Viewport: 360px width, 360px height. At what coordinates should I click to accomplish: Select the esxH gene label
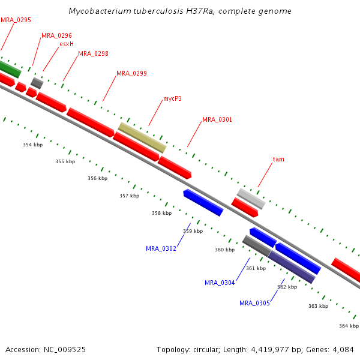67,44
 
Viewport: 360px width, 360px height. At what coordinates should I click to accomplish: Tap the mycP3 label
172,98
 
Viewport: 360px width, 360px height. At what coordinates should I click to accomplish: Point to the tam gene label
278,160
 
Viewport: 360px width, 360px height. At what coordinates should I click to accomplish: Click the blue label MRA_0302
161,248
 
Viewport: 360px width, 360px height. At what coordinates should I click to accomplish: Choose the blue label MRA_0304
220,283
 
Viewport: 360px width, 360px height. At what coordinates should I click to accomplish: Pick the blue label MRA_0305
254,303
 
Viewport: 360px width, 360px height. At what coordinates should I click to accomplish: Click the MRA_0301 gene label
217,120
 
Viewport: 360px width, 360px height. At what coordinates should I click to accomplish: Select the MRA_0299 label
131,74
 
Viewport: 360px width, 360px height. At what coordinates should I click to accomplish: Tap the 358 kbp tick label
161,213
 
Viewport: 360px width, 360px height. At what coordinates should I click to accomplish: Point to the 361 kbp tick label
256,268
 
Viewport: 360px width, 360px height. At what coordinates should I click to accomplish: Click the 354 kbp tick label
32,145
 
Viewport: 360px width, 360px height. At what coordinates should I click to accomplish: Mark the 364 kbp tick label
349,326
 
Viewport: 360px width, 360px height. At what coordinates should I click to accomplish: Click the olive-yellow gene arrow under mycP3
142,138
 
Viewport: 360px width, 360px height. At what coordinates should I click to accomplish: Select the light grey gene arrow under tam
251,199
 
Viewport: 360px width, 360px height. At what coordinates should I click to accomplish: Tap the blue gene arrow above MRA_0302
203,203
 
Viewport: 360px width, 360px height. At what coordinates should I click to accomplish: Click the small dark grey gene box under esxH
37,83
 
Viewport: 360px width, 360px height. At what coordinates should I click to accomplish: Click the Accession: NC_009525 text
46,349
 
